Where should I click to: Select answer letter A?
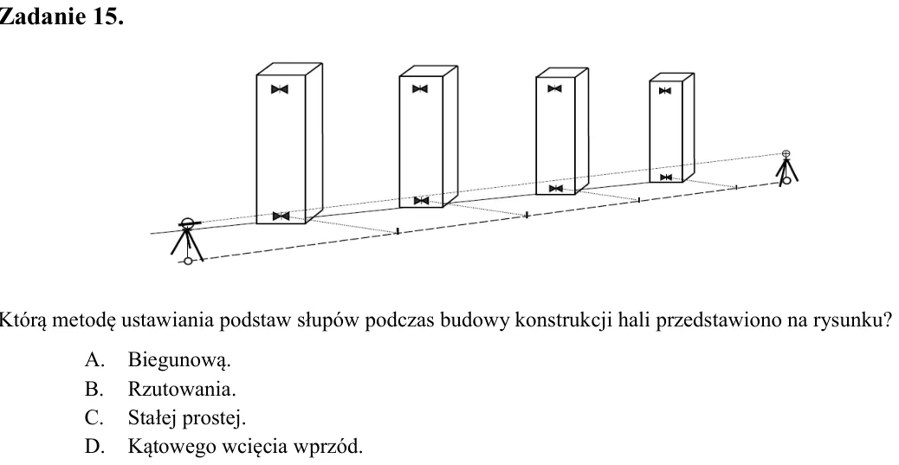tap(94, 359)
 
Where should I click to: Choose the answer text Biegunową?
tap(179, 360)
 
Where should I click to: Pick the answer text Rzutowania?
tap(182, 389)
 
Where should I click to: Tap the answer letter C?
tap(94, 417)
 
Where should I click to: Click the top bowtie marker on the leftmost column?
tap(279, 89)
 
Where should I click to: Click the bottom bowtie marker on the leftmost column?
tap(281, 216)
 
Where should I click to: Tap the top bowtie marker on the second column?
tap(420, 89)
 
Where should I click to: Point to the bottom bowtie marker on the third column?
tap(555, 189)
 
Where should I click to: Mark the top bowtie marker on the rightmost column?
tap(665, 91)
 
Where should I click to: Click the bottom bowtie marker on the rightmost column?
tap(666, 178)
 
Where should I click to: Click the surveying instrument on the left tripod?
tap(187, 223)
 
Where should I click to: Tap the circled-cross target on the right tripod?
tap(786, 153)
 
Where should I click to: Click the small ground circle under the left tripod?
tap(187, 262)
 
